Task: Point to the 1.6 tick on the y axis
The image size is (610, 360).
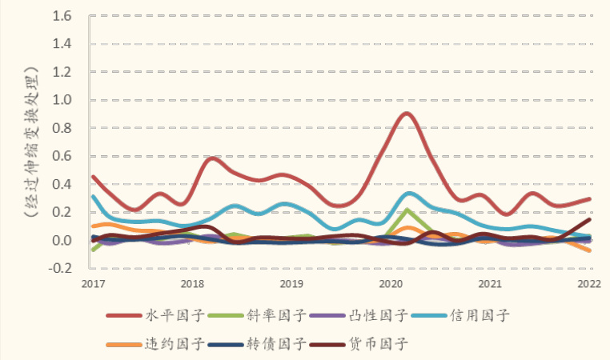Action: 62,16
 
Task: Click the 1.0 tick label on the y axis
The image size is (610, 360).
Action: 62,100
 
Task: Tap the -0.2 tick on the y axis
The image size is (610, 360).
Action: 61,269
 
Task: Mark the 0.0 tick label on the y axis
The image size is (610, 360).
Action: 62,241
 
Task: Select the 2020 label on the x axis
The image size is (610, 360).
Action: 390,284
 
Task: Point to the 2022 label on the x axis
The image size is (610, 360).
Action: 589,284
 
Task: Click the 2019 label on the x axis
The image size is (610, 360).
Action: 291,284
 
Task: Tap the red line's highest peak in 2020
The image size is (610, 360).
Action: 406,114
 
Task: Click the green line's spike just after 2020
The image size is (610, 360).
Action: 407,210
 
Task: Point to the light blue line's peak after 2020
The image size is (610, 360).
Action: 410,194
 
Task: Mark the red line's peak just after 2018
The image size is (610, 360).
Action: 211,158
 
